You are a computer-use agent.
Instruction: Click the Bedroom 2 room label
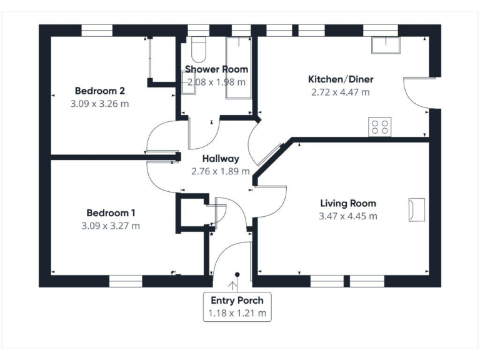coord(100,90)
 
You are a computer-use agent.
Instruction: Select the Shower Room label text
coord(216,69)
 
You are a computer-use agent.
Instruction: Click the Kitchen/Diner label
coord(340,79)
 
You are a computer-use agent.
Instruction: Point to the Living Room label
coord(348,203)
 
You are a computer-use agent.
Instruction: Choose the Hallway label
coord(220,159)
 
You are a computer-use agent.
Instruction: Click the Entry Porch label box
coord(237,306)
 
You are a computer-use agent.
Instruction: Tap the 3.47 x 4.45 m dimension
coord(348,216)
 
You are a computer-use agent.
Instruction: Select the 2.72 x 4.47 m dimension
coord(340,92)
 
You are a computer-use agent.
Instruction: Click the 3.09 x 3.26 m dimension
coord(100,103)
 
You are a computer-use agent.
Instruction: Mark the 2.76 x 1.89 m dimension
coord(220,171)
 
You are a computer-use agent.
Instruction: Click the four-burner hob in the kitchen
coord(379,127)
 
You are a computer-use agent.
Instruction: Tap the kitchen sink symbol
coord(386,44)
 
